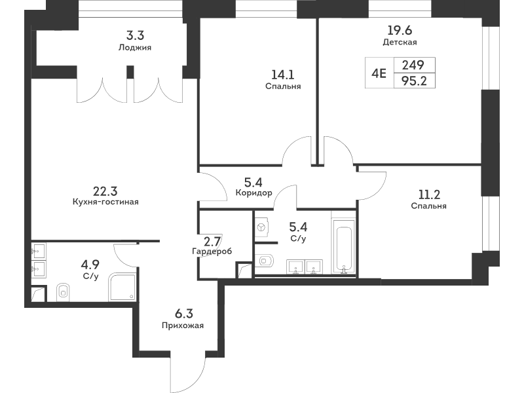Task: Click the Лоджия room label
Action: [135, 47]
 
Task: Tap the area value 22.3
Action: [105, 191]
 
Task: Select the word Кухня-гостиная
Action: [105, 202]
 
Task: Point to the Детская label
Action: [400, 42]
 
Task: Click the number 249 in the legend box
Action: [413, 65]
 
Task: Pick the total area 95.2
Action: [415, 81]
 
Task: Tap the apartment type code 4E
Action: [379, 73]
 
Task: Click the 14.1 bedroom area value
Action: [283, 75]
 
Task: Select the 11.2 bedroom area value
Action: [429, 195]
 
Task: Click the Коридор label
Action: [253, 193]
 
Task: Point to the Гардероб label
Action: [212, 251]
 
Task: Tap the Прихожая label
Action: [183, 325]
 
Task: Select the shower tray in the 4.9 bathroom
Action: [122, 287]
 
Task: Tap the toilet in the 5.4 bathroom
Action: [265, 260]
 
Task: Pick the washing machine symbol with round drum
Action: [261, 227]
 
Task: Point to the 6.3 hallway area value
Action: [184, 314]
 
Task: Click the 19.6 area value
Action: [400, 30]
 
